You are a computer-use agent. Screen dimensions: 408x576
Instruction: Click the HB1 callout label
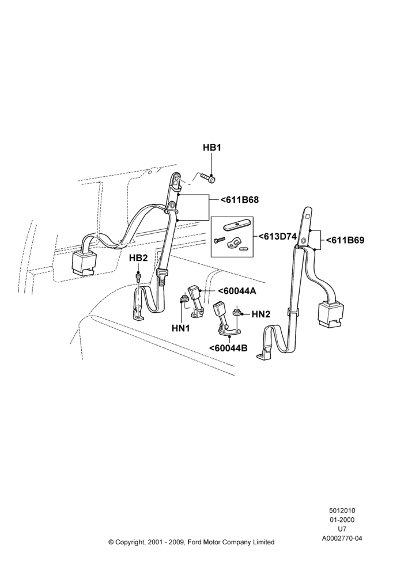(x=211, y=147)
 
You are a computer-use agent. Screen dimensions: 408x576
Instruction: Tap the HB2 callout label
(x=138, y=258)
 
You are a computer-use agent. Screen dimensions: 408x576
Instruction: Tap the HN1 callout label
(x=181, y=328)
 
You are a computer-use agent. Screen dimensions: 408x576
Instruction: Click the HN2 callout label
(x=261, y=314)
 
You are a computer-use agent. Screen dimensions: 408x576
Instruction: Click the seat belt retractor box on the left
(x=83, y=263)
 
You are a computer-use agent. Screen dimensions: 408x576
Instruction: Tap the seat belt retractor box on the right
(x=330, y=314)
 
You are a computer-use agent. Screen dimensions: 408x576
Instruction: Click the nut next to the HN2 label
(x=237, y=313)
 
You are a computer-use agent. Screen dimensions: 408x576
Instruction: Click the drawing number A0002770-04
(x=342, y=539)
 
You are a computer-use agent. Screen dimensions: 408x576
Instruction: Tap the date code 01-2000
(x=342, y=520)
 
